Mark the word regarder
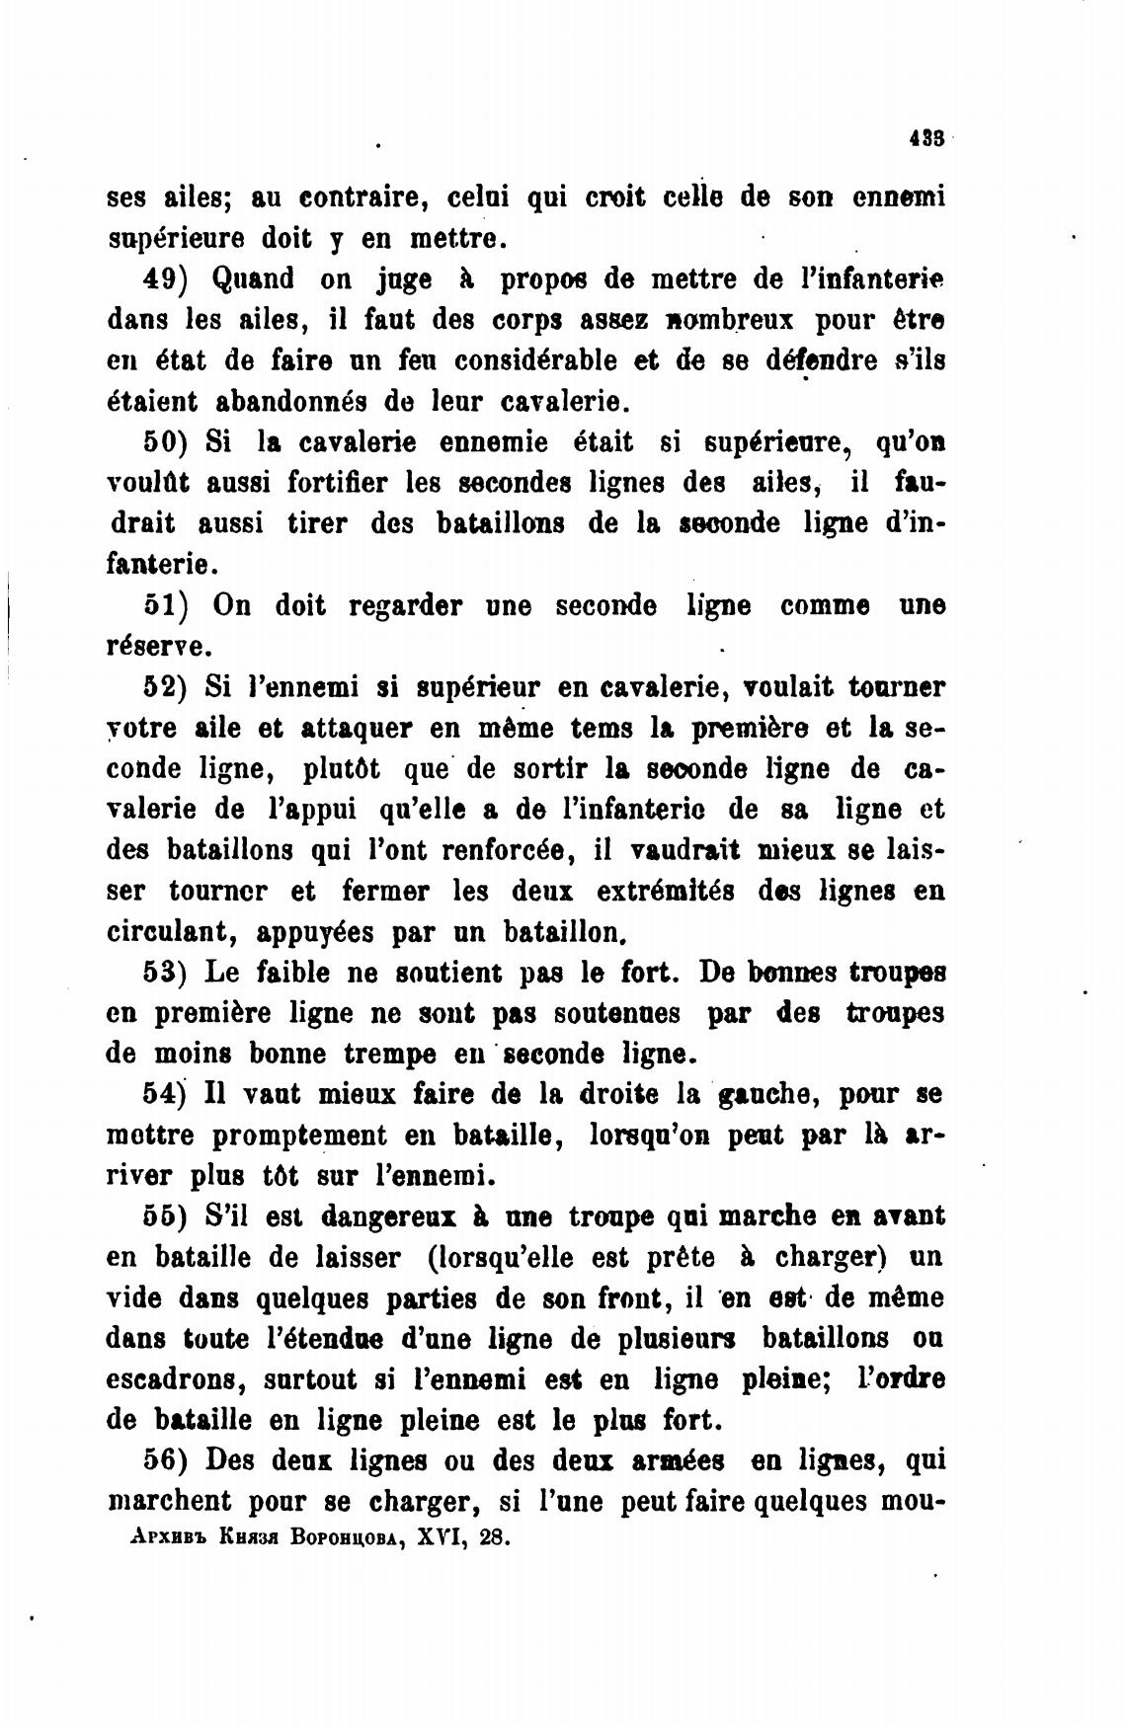pos(406,605)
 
